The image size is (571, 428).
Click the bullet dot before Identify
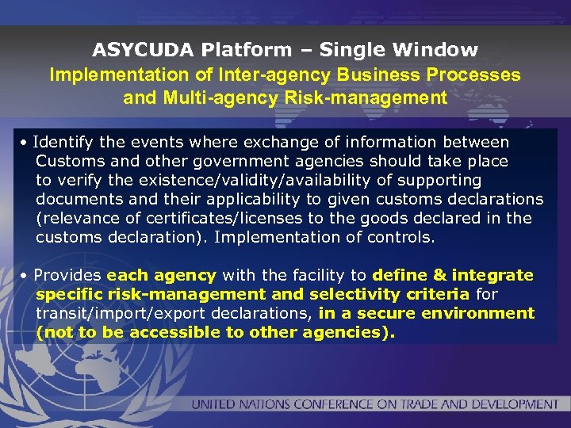tap(26, 143)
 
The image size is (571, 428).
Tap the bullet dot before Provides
tap(26, 276)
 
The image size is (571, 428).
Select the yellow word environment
tap(485, 313)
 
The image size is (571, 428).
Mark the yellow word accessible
tap(174, 332)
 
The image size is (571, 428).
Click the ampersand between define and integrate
tap(440, 275)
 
